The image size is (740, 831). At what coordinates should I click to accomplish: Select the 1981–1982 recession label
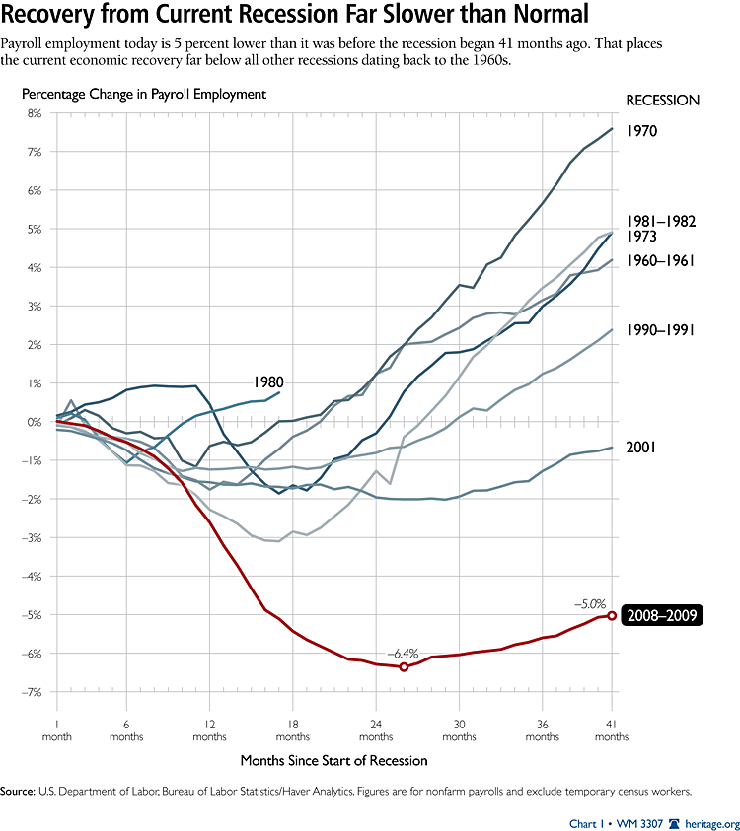coord(662,221)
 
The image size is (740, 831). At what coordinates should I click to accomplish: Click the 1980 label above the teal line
coord(268,381)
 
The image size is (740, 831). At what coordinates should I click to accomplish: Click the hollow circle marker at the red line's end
coord(612,616)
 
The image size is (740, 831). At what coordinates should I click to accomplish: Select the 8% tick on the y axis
coord(35,113)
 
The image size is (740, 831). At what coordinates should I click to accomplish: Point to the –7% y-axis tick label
coord(33,692)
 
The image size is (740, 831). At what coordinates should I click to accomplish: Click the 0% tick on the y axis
coord(35,422)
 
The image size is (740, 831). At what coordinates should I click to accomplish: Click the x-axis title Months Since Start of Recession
coord(333,760)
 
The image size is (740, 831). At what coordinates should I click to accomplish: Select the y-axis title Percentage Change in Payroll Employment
coord(145,95)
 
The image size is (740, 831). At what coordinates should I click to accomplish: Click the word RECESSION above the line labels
coord(662,100)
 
